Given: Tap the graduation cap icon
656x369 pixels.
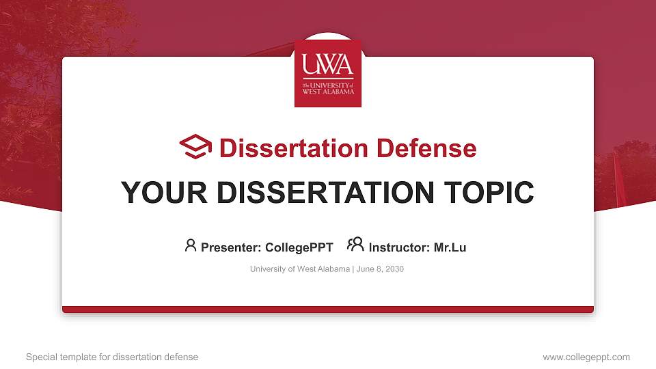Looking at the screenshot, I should coord(196,146).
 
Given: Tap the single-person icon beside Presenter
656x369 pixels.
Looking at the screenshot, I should coord(191,245).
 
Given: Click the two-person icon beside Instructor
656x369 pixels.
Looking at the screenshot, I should coord(355,245).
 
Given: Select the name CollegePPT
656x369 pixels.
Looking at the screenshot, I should coord(299,247).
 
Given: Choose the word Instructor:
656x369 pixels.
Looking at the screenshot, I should coord(399,247).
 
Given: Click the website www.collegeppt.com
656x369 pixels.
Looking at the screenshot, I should coord(586,357).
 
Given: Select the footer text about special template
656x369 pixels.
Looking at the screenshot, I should coord(112,357).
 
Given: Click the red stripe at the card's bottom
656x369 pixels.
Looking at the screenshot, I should coord(328,310).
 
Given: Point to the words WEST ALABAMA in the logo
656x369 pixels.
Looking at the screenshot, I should coord(328,91).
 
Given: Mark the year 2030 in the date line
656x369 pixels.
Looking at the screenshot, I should coord(395,269).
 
